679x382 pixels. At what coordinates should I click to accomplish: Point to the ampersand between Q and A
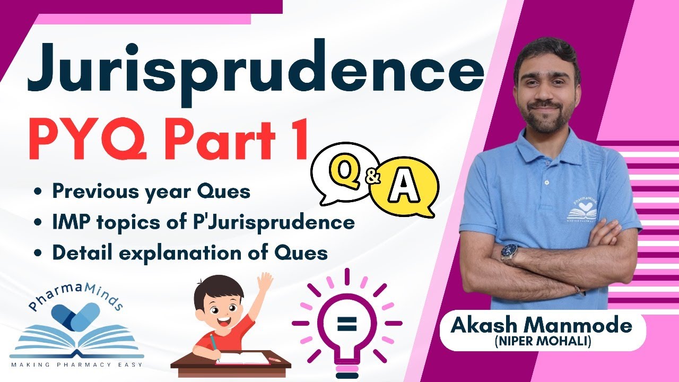pyautogui.click(x=373, y=178)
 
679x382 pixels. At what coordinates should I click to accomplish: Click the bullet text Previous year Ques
pyautogui.click(x=151, y=192)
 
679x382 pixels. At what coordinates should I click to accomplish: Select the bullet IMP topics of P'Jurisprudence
pyautogui.click(x=203, y=222)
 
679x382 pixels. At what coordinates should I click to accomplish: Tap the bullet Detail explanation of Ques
pyautogui.click(x=189, y=253)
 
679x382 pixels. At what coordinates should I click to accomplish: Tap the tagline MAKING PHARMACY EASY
pyautogui.click(x=76, y=366)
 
